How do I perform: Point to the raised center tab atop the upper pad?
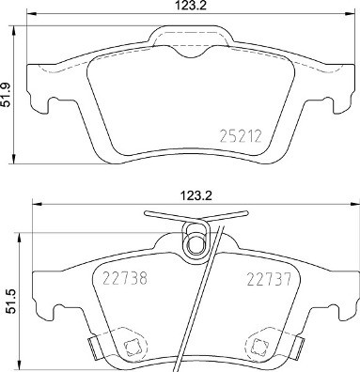coord(194,38)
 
